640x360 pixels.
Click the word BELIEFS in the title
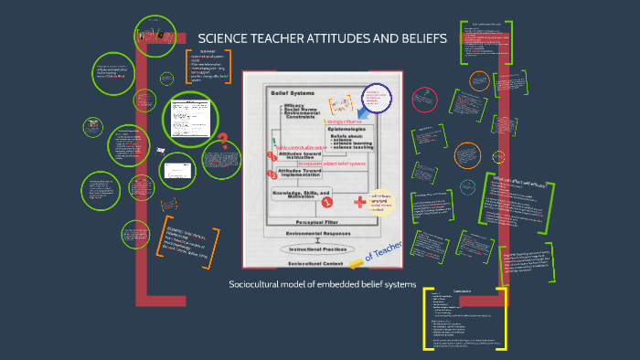pos(417,38)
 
